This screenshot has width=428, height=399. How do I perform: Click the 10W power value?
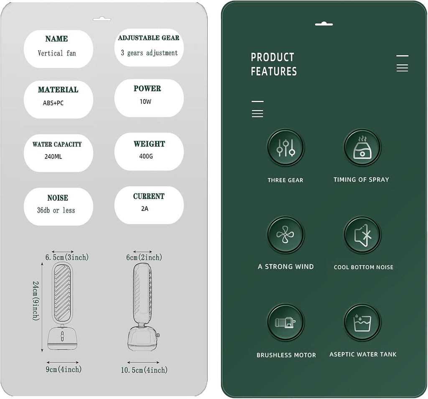click(x=145, y=102)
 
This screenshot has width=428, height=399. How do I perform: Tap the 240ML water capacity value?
click(x=53, y=157)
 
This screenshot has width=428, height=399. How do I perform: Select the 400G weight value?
click(x=146, y=157)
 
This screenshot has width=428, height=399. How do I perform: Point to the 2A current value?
click(x=145, y=209)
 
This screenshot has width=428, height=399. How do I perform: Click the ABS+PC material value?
click(x=53, y=103)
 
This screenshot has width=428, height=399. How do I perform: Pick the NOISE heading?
click(x=58, y=198)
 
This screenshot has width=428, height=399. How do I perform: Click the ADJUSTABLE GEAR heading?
click(x=149, y=38)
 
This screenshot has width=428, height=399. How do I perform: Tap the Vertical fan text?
click(x=57, y=53)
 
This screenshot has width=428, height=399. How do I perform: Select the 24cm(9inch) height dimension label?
click(x=36, y=301)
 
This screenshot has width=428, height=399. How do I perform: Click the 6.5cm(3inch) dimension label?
click(x=67, y=257)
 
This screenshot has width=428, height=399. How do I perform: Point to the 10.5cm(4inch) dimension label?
click(x=144, y=370)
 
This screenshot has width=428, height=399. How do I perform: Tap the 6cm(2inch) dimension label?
click(x=144, y=257)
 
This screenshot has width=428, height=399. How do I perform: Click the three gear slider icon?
click(x=285, y=147)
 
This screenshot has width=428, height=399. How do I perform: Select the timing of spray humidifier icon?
click(x=362, y=147)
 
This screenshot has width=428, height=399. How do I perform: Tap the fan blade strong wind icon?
click(x=285, y=234)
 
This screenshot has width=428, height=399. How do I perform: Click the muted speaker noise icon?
click(x=362, y=234)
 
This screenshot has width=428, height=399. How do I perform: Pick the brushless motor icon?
click(x=285, y=322)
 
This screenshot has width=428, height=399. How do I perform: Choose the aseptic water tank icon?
click(x=362, y=322)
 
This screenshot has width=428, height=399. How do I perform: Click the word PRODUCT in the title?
click(x=273, y=57)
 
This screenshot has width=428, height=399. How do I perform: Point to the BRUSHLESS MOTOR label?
click(x=286, y=355)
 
